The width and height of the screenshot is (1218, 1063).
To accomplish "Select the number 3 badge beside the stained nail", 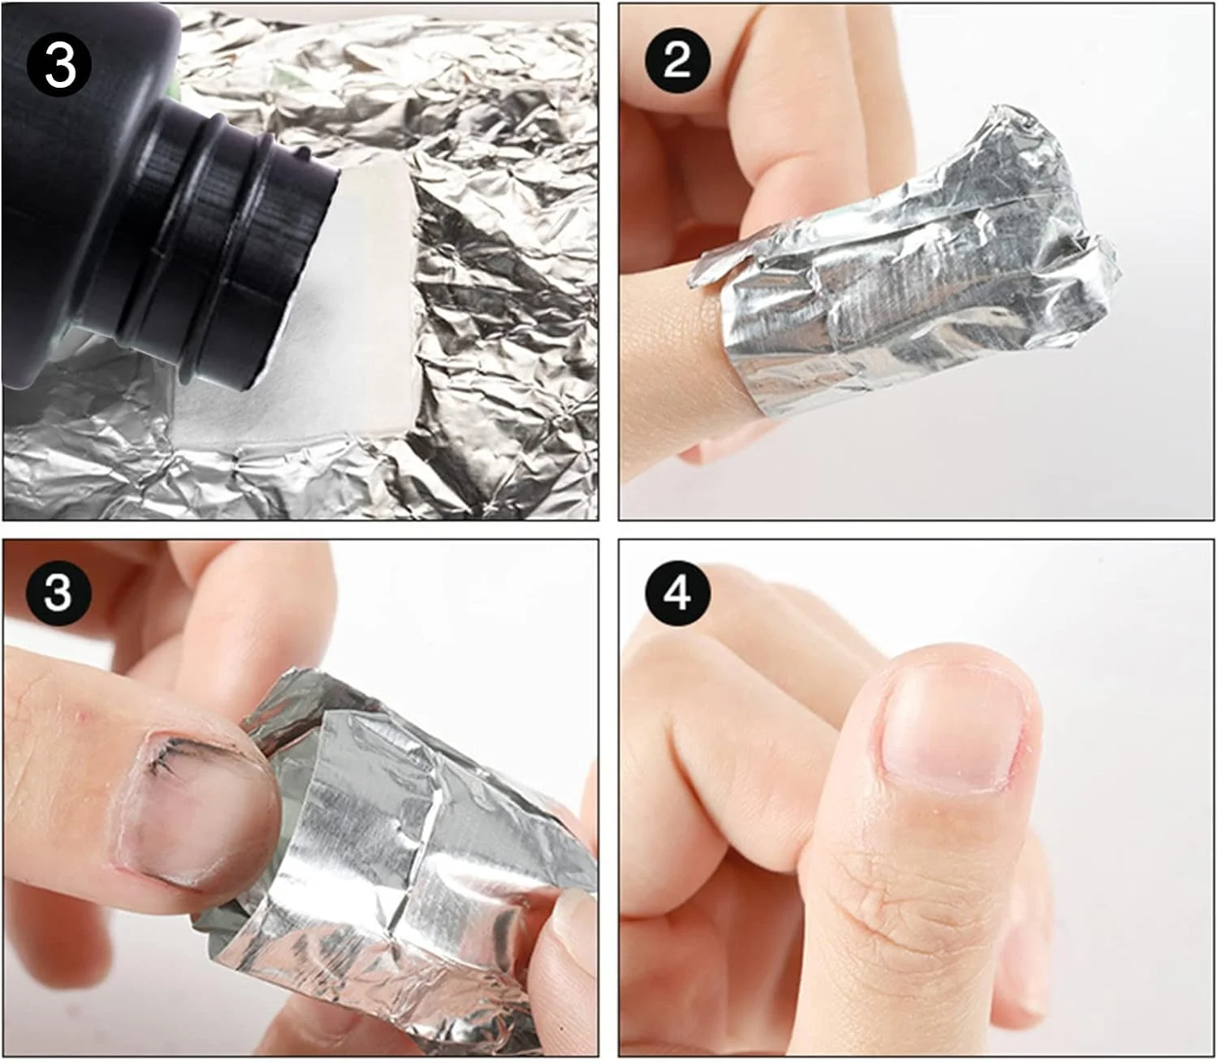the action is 58,592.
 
